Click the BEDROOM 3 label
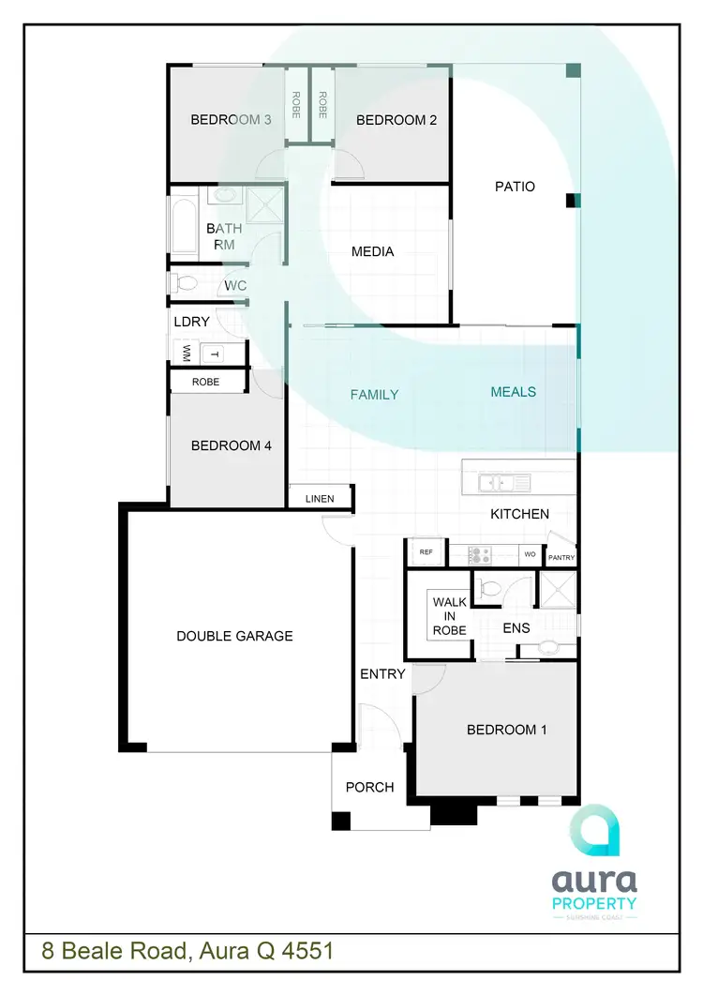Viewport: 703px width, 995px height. (x=231, y=120)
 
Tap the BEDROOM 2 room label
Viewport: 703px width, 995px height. (x=396, y=120)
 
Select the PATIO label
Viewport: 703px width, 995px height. (x=515, y=187)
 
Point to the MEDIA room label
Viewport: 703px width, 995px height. (x=372, y=251)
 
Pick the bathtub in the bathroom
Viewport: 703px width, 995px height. (x=184, y=226)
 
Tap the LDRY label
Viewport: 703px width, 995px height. (x=191, y=322)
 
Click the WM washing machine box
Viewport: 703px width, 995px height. (x=186, y=354)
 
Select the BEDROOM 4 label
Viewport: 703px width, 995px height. (x=231, y=445)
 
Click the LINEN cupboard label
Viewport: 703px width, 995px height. (x=320, y=498)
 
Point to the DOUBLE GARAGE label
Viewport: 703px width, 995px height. (x=234, y=636)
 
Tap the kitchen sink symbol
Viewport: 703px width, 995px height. (x=503, y=483)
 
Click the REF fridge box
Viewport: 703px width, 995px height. (x=426, y=553)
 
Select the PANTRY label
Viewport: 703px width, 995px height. (x=562, y=558)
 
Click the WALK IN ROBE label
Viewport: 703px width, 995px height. (x=449, y=615)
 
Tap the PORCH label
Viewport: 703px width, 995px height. (x=369, y=787)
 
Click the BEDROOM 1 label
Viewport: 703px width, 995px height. (x=506, y=730)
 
